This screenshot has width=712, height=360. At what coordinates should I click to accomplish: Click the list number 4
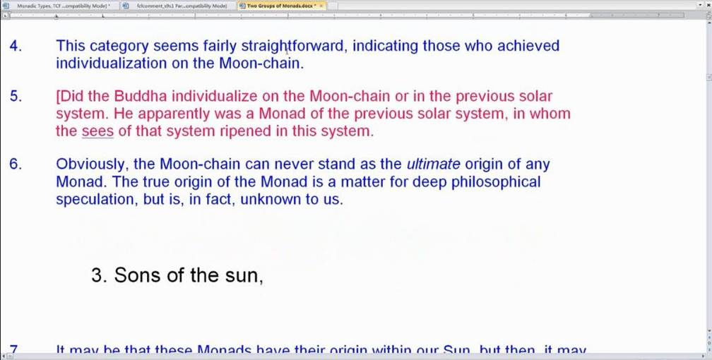coord(16,46)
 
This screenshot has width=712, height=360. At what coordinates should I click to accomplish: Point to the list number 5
coord(16,97)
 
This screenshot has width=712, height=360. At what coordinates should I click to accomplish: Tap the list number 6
coord(16,164)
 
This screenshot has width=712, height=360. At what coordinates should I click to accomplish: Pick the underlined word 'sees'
coord(97,131)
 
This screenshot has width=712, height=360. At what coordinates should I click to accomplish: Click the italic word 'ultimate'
coord(433,164)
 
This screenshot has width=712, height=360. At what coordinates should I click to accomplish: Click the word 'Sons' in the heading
coord(137,275)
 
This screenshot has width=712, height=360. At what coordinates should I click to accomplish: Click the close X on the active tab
coord(321,5)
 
